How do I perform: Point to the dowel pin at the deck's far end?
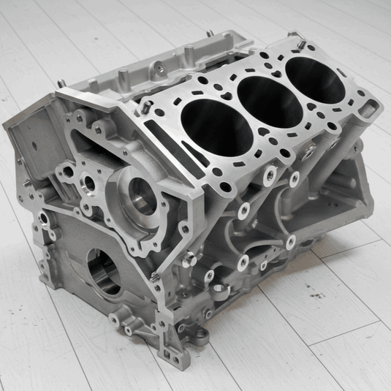click(299, 43)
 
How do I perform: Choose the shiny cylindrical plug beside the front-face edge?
click(189, 257)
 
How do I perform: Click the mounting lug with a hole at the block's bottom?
click(198, 338)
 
